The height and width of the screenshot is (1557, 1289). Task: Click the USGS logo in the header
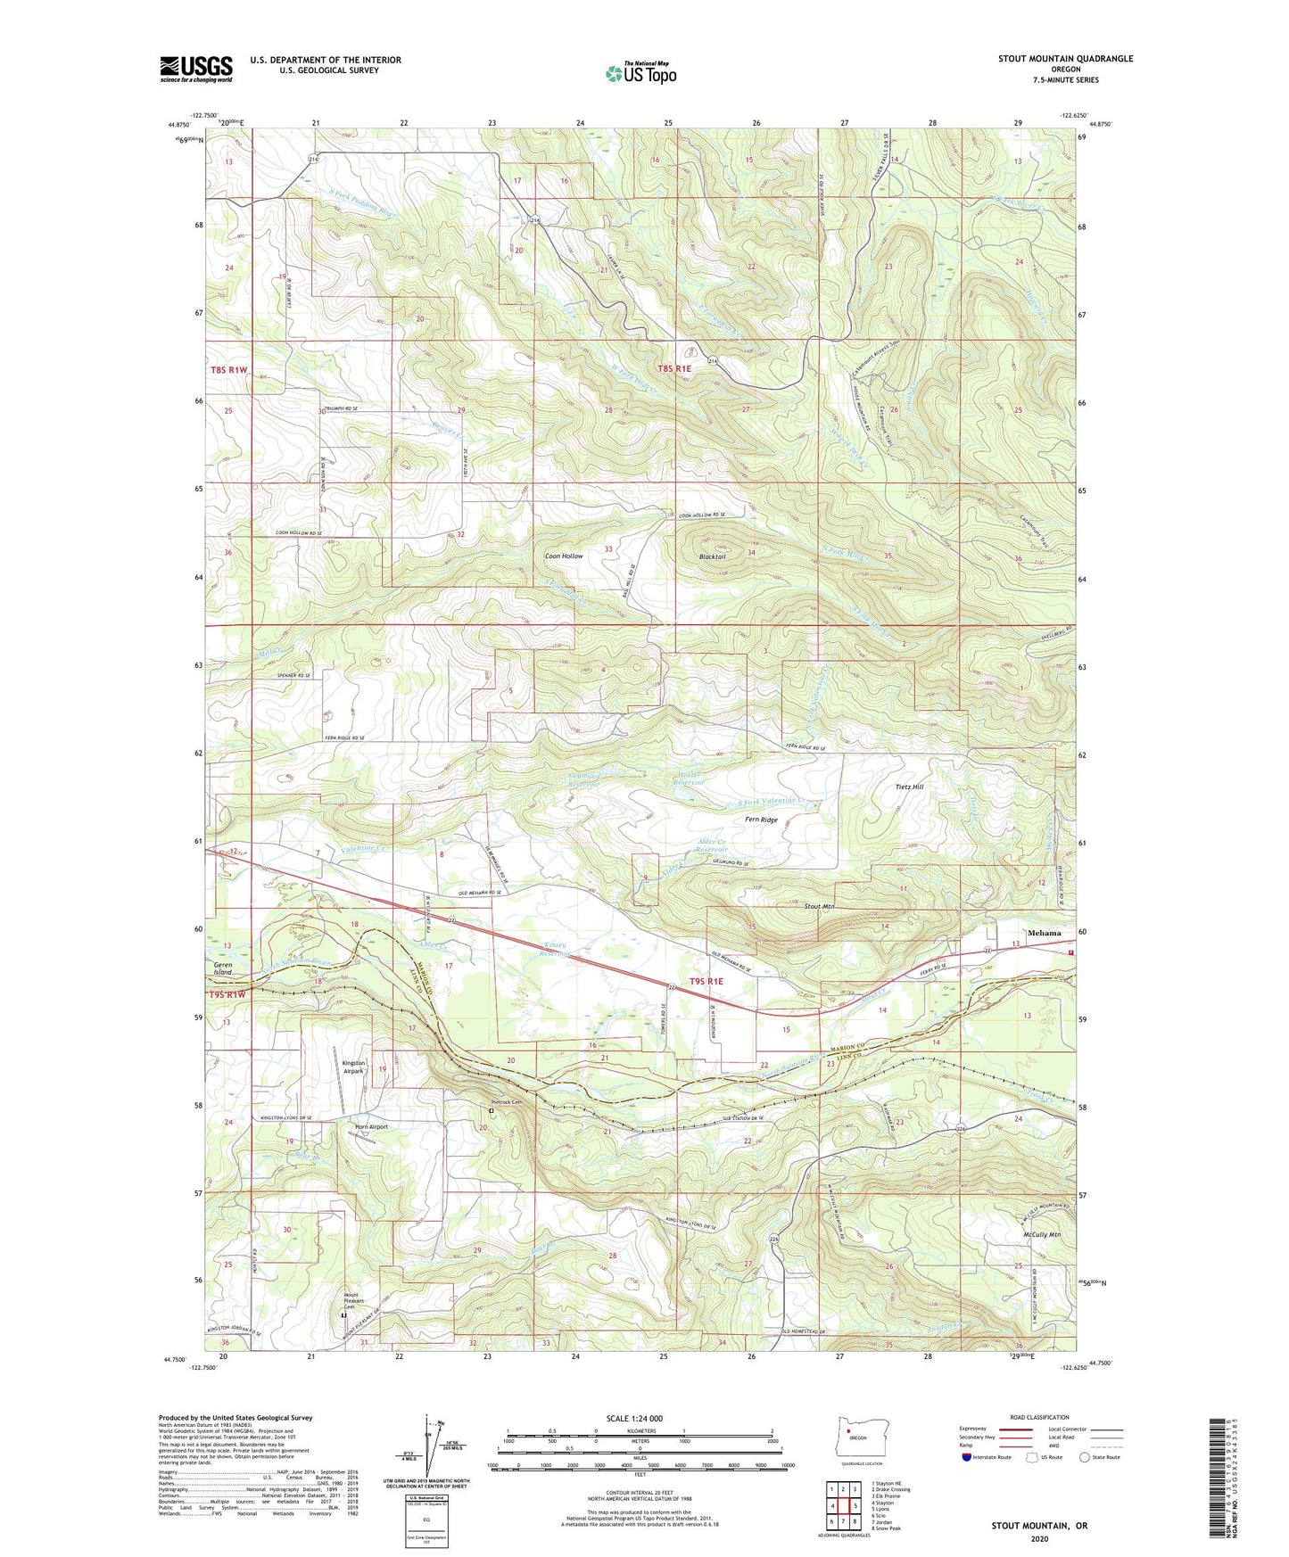pyautogui.click(x=196, y=69)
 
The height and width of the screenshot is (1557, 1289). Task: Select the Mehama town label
pyautogui.click(x=1044, y=933)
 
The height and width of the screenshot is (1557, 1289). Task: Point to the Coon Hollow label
pyautogui.click(x=564, y=556)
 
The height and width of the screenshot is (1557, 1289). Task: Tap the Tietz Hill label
pyautogui.click(x=909, y=787)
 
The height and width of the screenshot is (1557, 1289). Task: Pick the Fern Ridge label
pyautogui.click(x=761, y=820)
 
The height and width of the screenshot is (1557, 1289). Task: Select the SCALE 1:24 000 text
pyautogui.click(x=633, y=1419)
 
